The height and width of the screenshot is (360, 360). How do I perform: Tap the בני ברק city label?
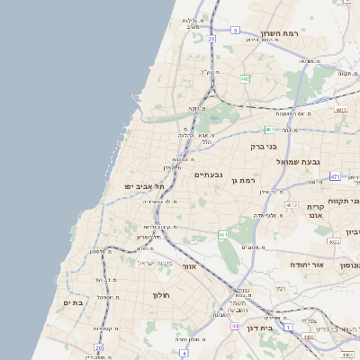coord(264,144)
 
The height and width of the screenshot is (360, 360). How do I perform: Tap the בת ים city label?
coord(72,303)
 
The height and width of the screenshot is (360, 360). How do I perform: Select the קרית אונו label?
coord(315,211)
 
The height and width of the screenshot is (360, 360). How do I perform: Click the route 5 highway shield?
coord(235,30)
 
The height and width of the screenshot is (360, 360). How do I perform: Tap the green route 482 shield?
coord(245,79)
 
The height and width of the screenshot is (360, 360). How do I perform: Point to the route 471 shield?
coord(335,176)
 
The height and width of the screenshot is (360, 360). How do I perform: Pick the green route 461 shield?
coord(222,235)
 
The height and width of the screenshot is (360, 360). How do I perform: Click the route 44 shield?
coord(234,325)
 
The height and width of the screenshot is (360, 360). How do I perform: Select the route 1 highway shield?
coord(288,328)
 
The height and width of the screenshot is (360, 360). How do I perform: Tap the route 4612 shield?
coord(291,205)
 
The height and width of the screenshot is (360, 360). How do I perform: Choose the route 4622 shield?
coord(334,241)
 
